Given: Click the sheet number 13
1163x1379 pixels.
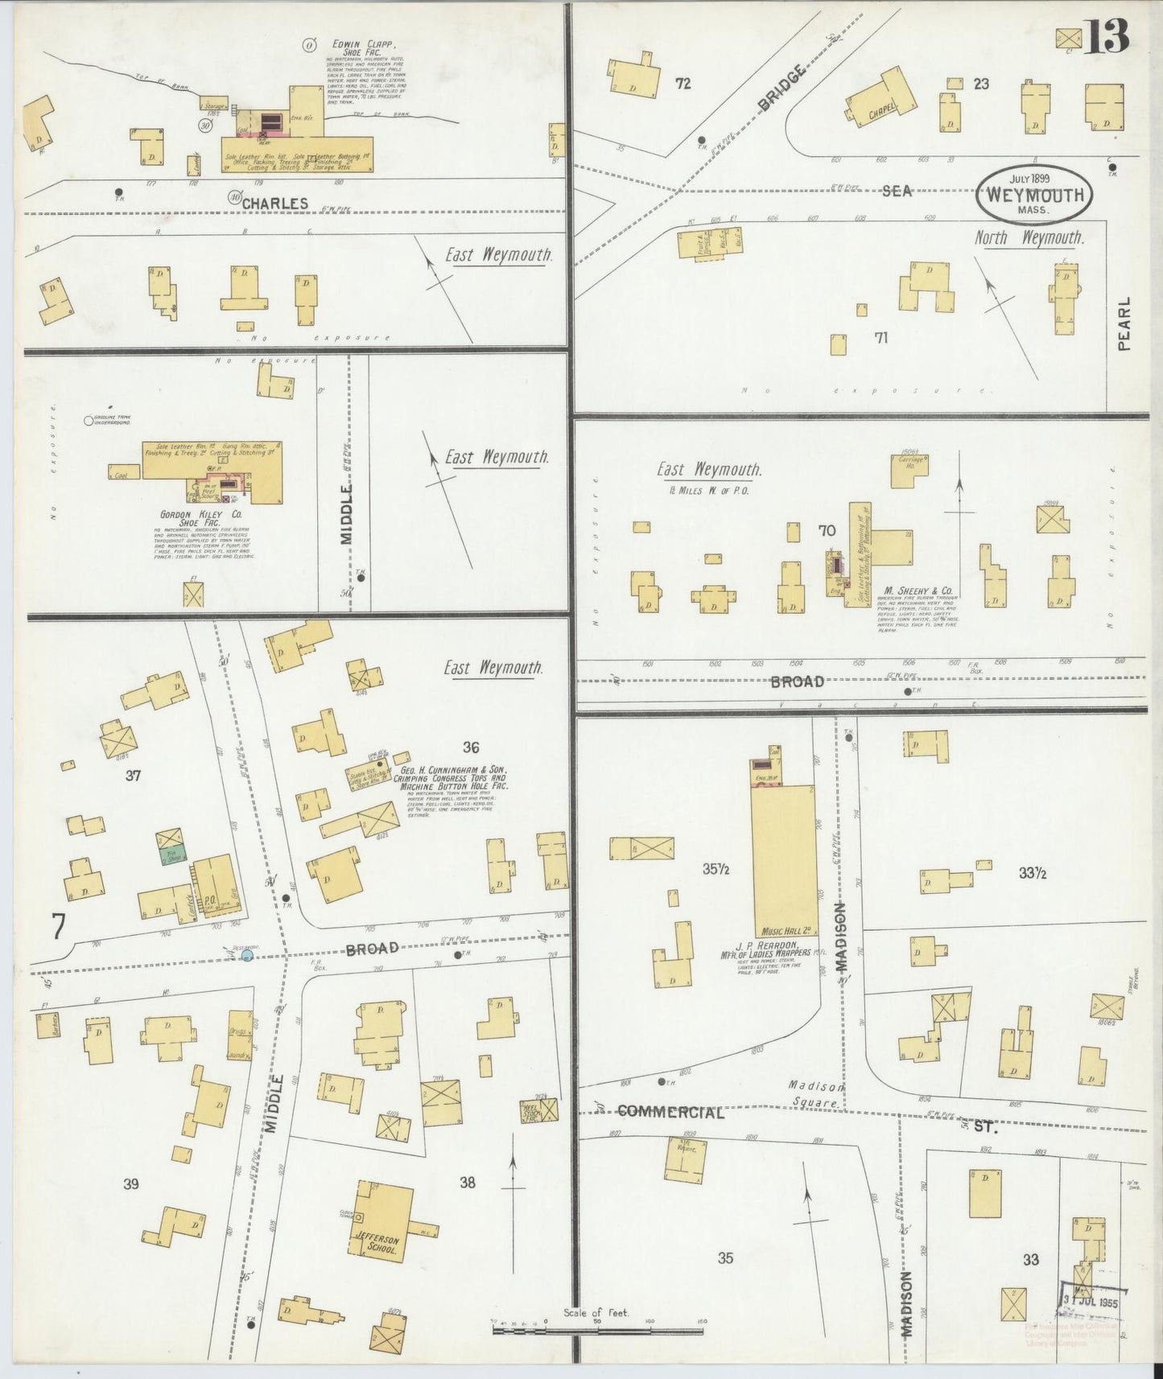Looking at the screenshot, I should (x=1106, y=37).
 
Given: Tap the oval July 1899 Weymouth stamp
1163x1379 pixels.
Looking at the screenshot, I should (x=1034, y=196).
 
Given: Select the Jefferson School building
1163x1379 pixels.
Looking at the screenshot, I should (x=380, y=1220).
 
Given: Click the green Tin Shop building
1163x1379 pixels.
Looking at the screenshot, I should (x=171, y=856).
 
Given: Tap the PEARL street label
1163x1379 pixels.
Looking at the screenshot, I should (x=1124, y=323).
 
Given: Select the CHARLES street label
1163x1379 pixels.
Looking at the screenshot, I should (x=275, y=203).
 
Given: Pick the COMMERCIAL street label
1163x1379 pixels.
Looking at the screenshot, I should (x=670, y=1113).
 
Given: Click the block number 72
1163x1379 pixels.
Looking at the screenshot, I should (x=683, y=83).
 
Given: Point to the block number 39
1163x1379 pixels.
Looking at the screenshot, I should (x=131, y=1183).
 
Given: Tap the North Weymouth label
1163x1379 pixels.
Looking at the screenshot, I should (x=1029, y=238).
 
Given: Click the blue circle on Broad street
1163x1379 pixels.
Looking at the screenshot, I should (x=248, y=956).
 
